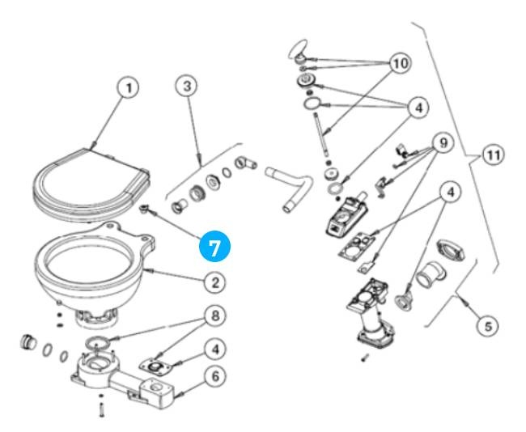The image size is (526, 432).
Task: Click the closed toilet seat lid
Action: [x=89, y=182]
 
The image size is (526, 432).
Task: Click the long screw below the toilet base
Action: [x=101, y=409]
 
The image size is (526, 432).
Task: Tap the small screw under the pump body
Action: [x=364, y=356]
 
